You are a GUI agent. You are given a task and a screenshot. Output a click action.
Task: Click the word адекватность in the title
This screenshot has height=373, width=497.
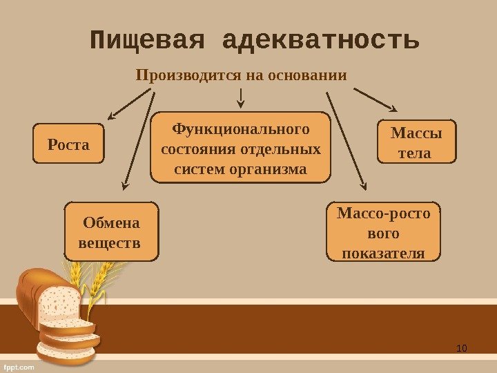click(321, 41)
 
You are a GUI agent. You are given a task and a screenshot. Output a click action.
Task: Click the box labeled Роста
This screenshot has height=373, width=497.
click(69, 144)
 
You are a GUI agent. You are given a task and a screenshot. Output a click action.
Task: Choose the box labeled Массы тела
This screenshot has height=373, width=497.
click(417, 142)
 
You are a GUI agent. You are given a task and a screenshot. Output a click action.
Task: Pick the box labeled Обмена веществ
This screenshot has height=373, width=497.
click(110, 231)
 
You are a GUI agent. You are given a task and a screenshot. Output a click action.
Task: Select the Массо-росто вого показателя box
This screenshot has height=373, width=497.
click(383, 232)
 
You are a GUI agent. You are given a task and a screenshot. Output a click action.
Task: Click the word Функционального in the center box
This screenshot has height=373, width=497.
click(241, 129)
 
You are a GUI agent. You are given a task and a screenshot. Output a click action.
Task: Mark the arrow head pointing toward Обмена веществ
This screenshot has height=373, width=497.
click(125, 185)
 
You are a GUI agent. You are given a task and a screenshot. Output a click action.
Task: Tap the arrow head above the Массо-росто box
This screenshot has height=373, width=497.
click(364, 184)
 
